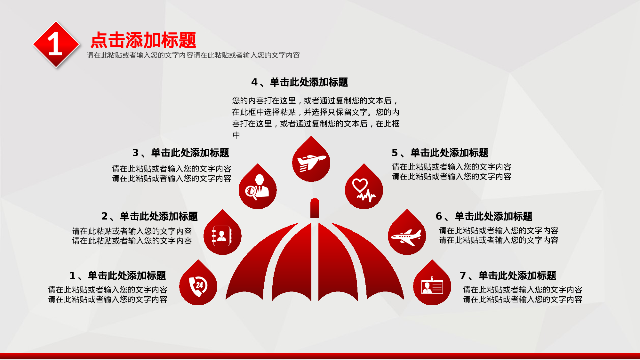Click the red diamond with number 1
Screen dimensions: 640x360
tap(56, 45)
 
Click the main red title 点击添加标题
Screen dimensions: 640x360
tap(143, 40)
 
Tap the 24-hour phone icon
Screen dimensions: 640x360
tap(198, 286)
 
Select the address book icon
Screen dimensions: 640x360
tap(222, 236)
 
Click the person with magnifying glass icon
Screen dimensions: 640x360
tap(257, 188)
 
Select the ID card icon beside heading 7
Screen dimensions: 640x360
tap(432, 285)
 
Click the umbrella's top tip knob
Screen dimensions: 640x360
tap(315, 208)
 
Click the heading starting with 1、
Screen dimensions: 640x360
tap(118, 276)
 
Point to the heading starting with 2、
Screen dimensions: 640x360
tap(150, 216)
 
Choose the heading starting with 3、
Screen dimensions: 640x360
tap(181, 153)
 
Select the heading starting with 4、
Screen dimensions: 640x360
tap(300, 82)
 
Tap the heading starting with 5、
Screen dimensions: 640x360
tap(440, 153)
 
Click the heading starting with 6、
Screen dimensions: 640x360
tap(484, 216)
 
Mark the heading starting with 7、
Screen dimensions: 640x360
tap(508, 276)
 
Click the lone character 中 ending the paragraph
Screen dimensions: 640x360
tap(236, 135)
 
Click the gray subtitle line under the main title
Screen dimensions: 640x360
tap(193, 55)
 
